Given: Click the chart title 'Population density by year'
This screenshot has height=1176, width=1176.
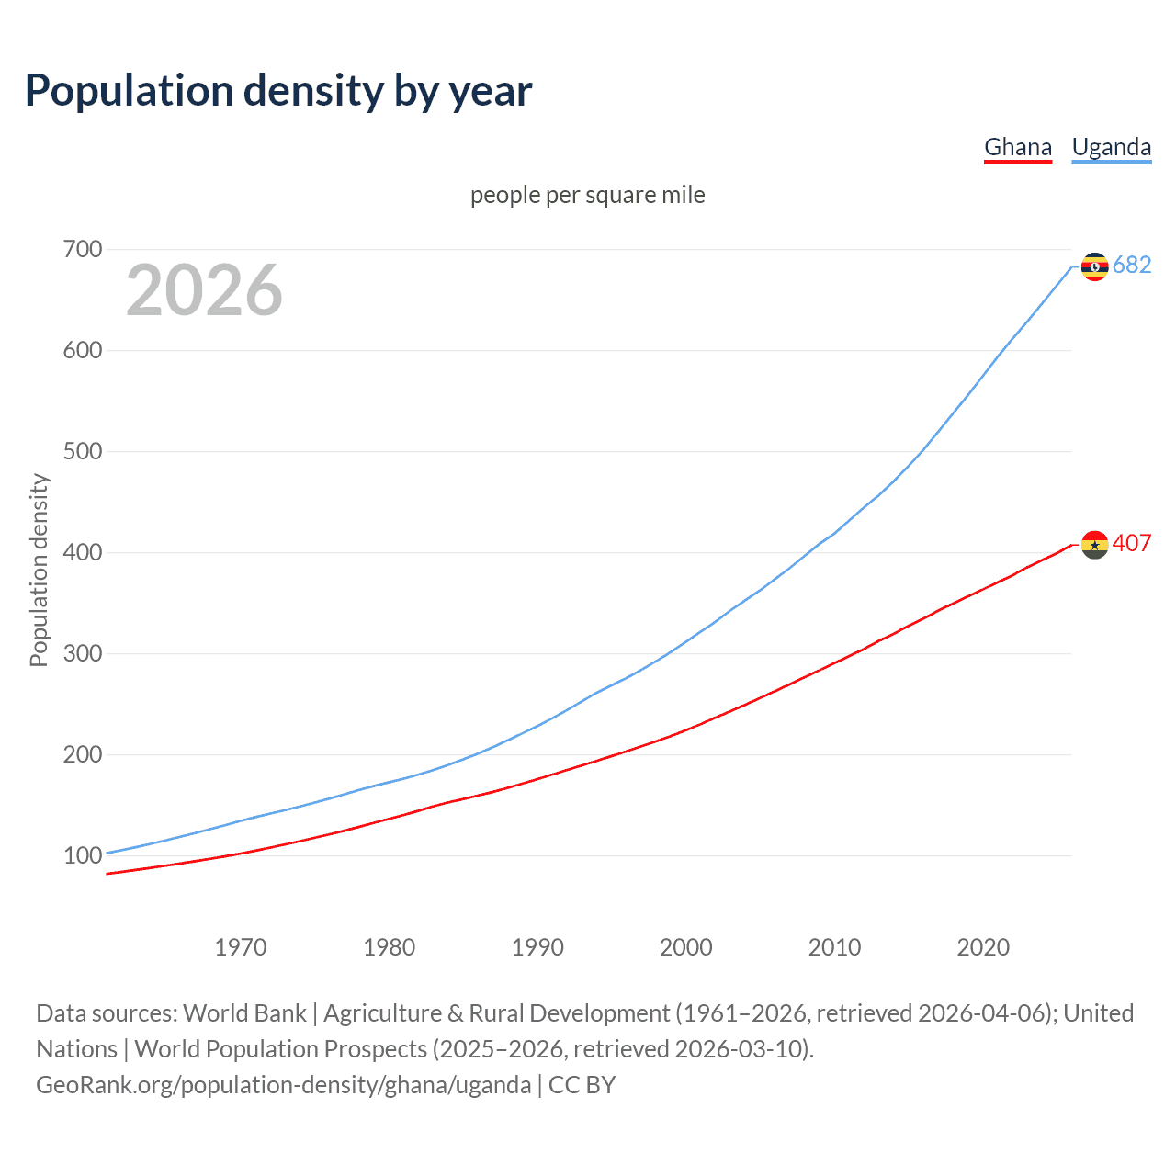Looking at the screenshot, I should point(278,91).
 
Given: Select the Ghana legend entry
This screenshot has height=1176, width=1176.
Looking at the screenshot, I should point(1017,147).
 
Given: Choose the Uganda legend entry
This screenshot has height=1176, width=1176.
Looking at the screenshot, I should point(1111,147).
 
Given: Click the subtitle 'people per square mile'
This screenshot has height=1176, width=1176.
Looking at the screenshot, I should point(587,195).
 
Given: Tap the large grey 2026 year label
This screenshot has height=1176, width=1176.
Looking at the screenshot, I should point(204,290).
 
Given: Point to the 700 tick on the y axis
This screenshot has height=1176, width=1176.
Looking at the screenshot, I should point(83,249).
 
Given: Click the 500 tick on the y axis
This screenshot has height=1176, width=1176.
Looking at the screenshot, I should point(83,451).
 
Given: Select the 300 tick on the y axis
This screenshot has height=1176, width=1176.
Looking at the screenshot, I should point(83,653).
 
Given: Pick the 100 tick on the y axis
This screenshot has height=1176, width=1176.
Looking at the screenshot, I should point(83,855).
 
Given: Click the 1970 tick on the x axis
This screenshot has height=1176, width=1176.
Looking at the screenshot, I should point(241,947).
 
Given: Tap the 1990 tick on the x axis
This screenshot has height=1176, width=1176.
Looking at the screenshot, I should point(537,947).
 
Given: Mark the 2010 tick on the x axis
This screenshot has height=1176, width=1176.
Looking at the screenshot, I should point(834,947).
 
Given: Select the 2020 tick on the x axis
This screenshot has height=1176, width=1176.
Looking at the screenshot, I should point(983,947).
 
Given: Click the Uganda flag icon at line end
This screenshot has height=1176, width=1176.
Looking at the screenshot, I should point(1094,266).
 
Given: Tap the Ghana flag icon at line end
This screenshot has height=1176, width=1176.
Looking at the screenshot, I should point(1094,545).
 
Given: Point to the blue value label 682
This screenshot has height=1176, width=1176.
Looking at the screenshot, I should point(1132,265).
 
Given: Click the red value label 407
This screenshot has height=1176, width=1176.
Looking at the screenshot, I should point(1132,543).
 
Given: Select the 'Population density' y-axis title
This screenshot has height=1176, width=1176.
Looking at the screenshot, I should point(39,570).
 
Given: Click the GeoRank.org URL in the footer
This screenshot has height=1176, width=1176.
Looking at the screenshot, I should point(283,1085).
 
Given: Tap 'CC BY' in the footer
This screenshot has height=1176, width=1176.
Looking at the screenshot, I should point(582,1085).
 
